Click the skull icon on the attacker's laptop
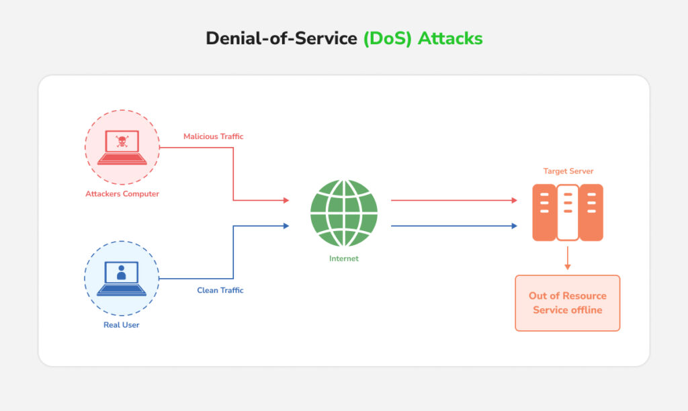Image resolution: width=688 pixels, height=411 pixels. coord(122,142)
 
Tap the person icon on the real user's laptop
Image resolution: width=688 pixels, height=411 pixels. coord(121,272)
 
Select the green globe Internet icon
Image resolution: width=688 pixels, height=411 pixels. coord(344,213)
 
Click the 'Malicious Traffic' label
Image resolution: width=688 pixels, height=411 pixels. coord(213,136)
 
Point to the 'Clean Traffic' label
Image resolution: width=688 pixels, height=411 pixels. coord(220,290)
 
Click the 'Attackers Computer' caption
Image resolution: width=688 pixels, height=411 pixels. coord(122,194)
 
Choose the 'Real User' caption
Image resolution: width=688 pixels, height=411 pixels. coord(122,325)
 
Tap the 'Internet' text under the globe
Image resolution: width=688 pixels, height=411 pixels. coord(344,259)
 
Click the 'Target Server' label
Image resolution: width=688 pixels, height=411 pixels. coord(568,171)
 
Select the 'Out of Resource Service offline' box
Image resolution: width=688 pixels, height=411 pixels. coord(567,303)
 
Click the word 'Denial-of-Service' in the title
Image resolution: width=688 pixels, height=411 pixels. coord(282,38)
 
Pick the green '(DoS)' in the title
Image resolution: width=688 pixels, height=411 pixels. coord(388,38)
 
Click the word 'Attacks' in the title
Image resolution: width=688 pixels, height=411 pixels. coord(450,38)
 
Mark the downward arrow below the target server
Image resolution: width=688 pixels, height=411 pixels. coord(568,258)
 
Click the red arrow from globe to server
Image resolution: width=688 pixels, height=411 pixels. coord(454,200)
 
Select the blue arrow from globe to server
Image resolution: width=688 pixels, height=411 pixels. coord(454,226)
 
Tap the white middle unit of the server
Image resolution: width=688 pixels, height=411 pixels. coord(568,212)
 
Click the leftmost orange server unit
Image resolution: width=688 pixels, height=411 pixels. coord(544,212)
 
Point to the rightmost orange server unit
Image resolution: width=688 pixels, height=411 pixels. coord(591,212)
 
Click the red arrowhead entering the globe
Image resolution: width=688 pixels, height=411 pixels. coord(286,200)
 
